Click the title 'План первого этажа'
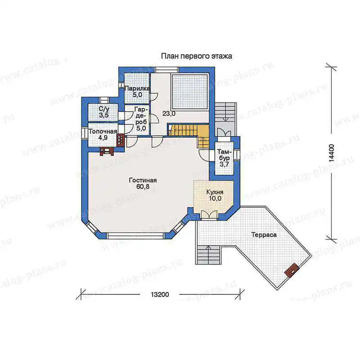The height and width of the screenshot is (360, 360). [x=196, y=56]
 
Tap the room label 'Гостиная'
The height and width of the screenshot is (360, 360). [x=143, y=180]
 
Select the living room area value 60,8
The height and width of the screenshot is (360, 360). [x=143, y=187]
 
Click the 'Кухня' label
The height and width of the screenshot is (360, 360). [x=215, y=192]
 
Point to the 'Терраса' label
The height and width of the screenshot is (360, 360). [x=264, y=235]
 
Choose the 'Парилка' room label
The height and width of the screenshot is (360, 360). [x=137, y=88]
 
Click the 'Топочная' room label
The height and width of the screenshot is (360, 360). [x=103, y=131]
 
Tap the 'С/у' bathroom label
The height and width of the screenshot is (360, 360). [x=104, y=108]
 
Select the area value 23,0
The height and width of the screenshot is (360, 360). [x=169, y=113]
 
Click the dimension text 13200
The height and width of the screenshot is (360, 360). [x=160, y=294]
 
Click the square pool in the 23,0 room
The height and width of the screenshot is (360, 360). [x=190, y=92]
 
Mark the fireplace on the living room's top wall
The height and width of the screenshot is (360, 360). [x=107, y=152]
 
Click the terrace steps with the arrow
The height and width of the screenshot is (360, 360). [x=208, y=254]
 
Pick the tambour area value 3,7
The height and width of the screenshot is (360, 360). [x=224, y=164]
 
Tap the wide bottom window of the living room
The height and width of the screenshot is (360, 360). [x=136, y=236]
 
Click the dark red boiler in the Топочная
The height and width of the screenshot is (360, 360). [x=121, y=140]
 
